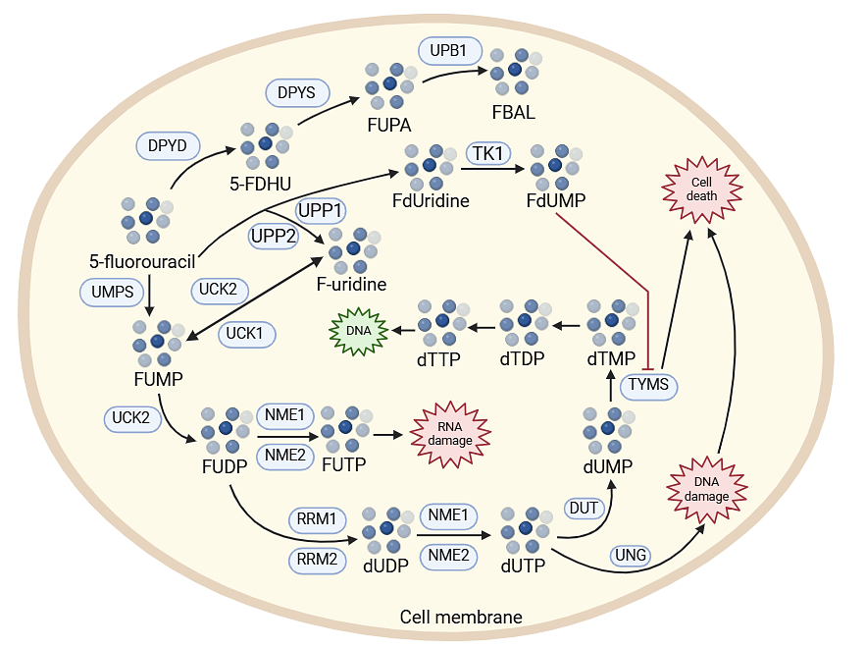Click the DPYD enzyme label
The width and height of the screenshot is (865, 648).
pyautogui.click(x=168, y=146)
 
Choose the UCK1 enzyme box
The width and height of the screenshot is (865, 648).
pyautogui.click(x=245, y=333)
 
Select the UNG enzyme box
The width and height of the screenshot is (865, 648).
pyautogui.click(x=631, y=556)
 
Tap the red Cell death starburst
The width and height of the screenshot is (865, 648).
pyautogui.click(x=703, y=189)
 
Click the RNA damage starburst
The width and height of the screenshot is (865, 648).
pyautogui.click(x=449, y=433)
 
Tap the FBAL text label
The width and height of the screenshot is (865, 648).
pyautogui.click(x=514, y=112)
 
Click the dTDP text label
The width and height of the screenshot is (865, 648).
pyautogui.click(x=522, y=359)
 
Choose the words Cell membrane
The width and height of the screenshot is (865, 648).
pyautogui.click(x=461, y=618)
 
